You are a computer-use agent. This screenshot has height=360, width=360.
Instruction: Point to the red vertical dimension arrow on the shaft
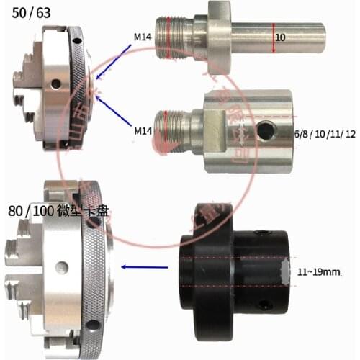tap(274, 36)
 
